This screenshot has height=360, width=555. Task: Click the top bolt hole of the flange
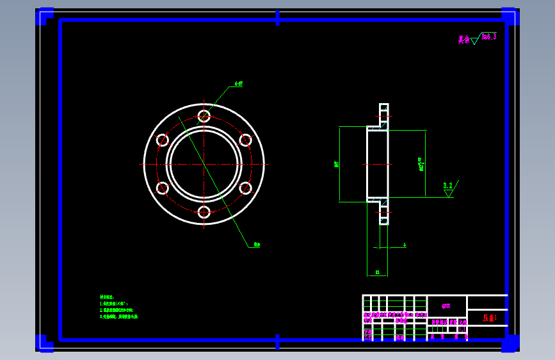tap(204, 116)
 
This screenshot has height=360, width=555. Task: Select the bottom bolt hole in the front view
tap(204, 212)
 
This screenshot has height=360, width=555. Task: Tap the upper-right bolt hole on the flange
tap(245, 140)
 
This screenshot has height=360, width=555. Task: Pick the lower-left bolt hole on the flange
tap(163, 188)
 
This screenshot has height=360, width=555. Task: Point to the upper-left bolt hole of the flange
tap(163, 140)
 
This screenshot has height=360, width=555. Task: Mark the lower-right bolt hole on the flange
tap(245, 188)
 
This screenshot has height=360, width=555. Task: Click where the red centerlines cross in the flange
tap(204, 164)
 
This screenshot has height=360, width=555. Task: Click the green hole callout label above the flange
tap(238, 84)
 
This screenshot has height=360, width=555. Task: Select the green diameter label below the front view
tap(256, 245)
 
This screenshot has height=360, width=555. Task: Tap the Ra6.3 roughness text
tap(489, 37)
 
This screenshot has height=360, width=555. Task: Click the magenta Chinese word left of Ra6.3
tap(463, 40)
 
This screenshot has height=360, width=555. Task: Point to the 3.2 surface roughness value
tap(448, 185)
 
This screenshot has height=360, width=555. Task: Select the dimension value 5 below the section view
tap(405, 245)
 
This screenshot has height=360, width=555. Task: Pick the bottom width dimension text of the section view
tap(377, 272)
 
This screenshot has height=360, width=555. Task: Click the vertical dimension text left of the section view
tap(337, 164)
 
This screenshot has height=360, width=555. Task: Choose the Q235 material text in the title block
tap(446, 306)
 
